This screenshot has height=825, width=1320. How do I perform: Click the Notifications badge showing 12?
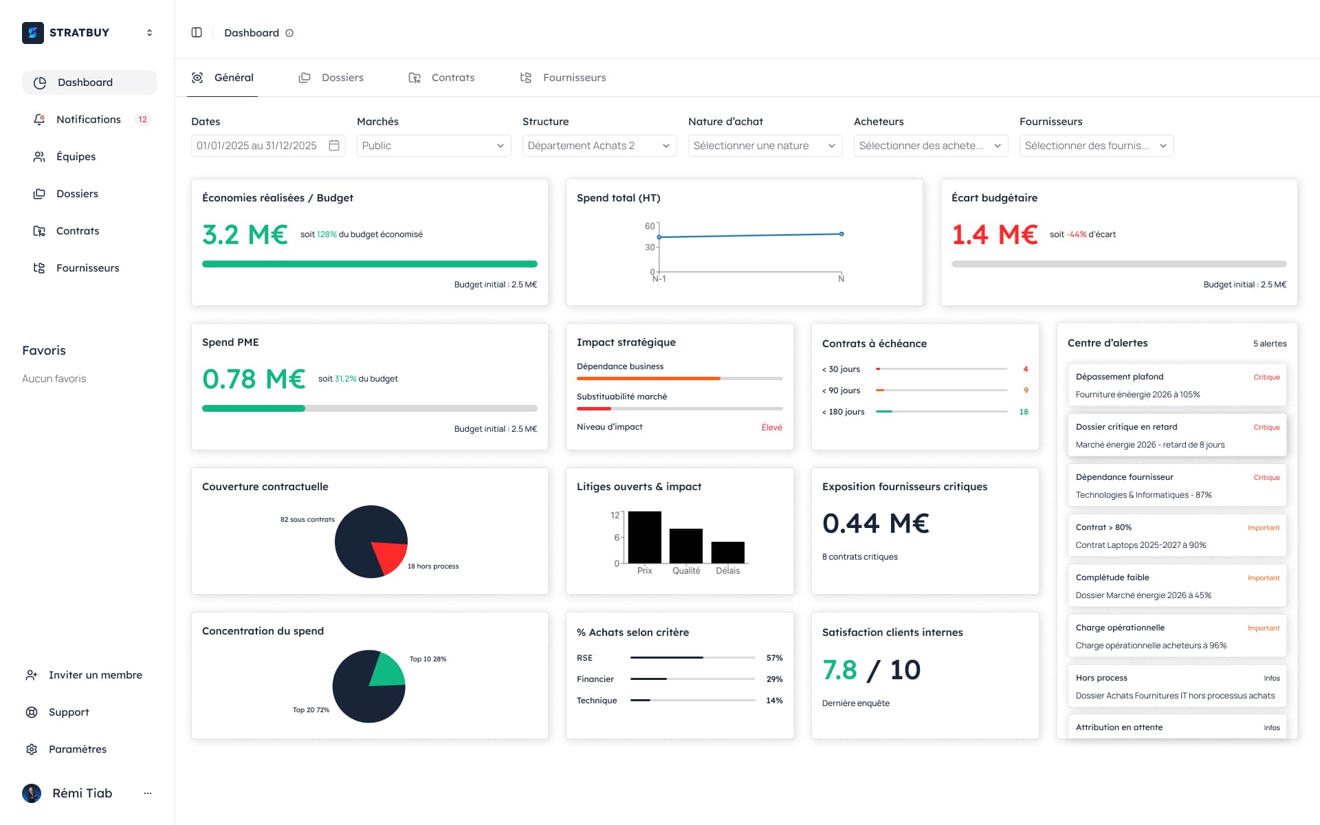click(x=142, y=120)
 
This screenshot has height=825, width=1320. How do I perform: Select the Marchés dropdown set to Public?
click(x=433, y=146)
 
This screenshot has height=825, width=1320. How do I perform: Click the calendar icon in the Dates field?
click(x=334, y=145)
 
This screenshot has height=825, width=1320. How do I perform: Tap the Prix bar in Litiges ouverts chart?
click(x=644, y=537)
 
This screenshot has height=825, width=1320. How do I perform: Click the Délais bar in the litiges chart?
click(x=727, y=552)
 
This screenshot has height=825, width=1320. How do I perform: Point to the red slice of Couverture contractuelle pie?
click(x=390, y=555)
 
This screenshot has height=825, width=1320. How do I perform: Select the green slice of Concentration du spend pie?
click(x=388, y=670)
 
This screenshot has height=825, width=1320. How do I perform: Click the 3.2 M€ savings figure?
click(x=245, y=234)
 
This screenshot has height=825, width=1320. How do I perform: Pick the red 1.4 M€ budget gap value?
click(x=994, y=234)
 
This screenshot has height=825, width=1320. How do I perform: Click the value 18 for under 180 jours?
click(x=1024, y=412)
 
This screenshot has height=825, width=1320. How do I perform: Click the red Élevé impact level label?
click(x=771, y=428)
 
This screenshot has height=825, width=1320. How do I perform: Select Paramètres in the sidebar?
click(x=77, y=749)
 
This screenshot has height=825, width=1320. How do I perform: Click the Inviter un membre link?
click(x=95, y=675)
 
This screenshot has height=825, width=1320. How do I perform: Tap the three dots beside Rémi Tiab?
click(x=148, y=793)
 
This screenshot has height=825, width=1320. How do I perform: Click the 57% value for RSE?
click(x=774, y=658)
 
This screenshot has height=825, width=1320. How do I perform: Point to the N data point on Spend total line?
click(x=841, y=234)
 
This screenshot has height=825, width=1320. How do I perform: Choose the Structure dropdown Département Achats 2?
click(x=599, y=146)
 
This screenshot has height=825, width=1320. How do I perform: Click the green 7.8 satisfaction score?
click(x=839, y=670)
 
